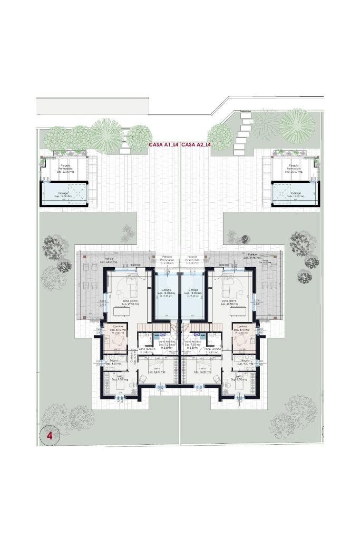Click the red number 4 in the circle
click(x=50, y=436)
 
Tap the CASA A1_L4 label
click(x=163, y=144)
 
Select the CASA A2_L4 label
click(x=196, y=144)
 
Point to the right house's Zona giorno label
click(x=229, y=302)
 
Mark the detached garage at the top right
click(x=295, y=193)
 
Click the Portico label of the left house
click(x=109, y=259)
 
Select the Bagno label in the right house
click(x=246, y=362)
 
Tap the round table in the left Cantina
click(x=117, y=341)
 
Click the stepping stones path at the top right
click(x=242, y=132)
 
